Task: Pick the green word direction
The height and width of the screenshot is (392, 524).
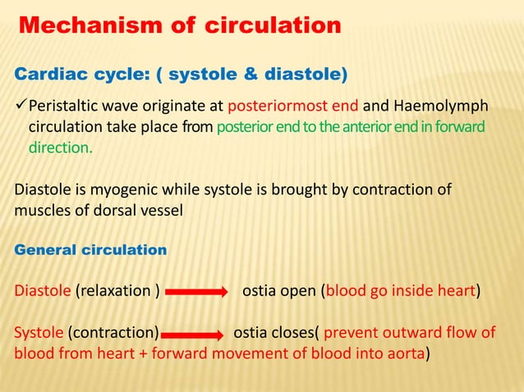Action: [60, 149]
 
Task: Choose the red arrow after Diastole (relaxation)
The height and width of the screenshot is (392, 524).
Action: [196, 290]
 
